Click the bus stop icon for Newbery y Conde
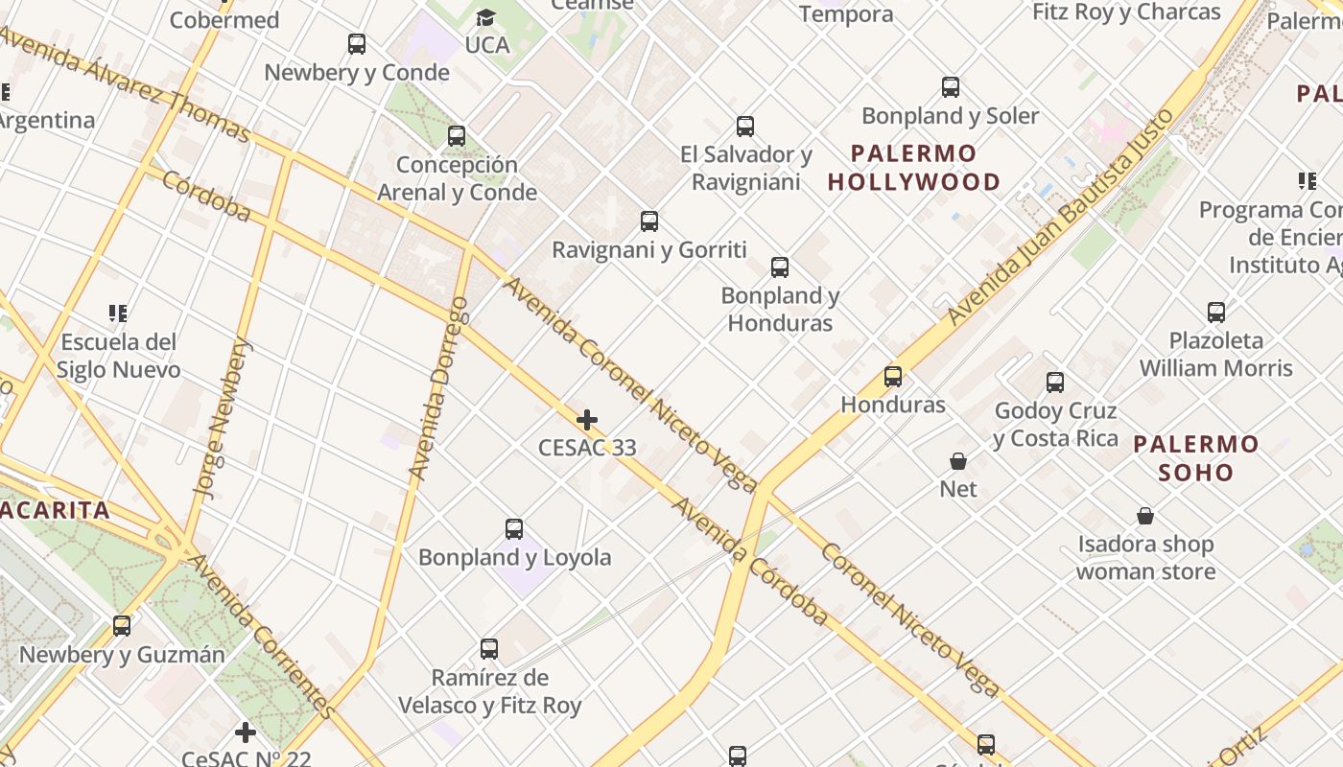357,44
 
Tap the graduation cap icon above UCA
486,18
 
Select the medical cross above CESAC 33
587,420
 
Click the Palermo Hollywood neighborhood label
913,168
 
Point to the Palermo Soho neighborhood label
1195,458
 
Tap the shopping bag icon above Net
957,461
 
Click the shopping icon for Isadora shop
1144,517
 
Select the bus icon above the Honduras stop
893,377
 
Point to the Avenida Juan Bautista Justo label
1060,217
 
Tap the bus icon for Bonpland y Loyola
514,529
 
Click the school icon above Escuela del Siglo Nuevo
118,314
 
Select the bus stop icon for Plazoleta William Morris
1216,313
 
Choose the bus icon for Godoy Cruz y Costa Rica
1055,383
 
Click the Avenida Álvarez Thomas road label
125,83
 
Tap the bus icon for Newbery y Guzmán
122,626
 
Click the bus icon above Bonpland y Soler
950,88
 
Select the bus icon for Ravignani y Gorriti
649,222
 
